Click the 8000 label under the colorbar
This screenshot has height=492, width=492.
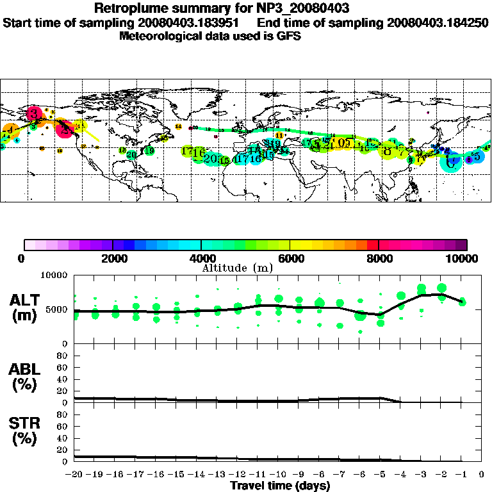(379, 258)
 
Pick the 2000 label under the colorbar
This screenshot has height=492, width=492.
(113, 258)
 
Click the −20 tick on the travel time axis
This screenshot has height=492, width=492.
(75, 475)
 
